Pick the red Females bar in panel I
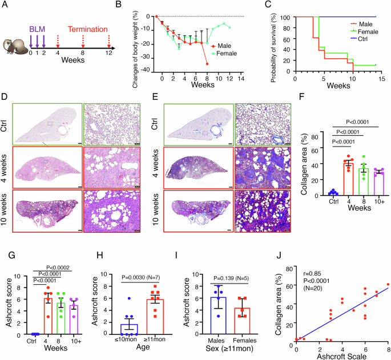[x=243, y=321]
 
